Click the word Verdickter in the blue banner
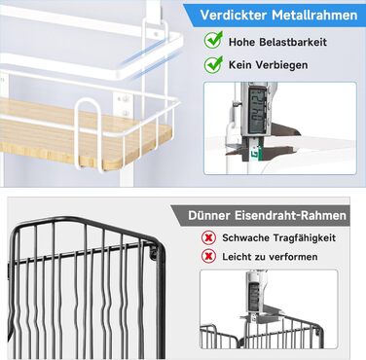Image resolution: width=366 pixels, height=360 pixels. pyautogui.click(x=234, y=16)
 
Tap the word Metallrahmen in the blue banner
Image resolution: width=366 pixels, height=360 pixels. pyautogui.click(x=314, y=16)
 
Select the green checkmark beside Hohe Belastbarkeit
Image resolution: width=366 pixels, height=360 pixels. pyautogui.click(x=213, y=40)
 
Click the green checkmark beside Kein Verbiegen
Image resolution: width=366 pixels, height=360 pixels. pyautogui.click(x=213, y=64)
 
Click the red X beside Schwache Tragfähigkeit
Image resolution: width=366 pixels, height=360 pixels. pyautogui.click(x=208, y=237)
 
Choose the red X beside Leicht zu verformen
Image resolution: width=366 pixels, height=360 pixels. pyautogui.click(x=208, y=257)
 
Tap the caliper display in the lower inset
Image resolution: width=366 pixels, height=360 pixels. pyautogui.click(x=254, y=297)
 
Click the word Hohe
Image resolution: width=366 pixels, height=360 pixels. pyautogui.click(x=241, y=42)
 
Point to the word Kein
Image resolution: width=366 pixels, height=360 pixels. pyautogui.click(x=239, y=65)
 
